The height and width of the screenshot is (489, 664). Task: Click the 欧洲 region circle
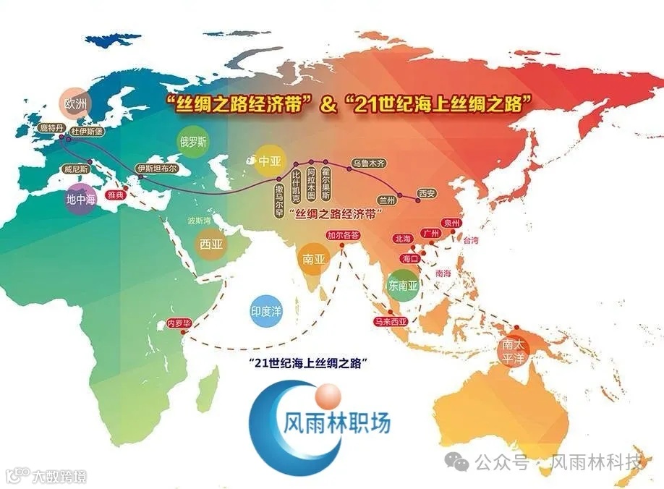point(75,103)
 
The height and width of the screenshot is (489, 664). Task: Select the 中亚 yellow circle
point(268,161)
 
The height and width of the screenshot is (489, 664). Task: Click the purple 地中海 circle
point(80,198)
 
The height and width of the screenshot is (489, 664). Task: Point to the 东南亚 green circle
point(404,284)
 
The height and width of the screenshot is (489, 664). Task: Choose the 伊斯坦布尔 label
point(157,169)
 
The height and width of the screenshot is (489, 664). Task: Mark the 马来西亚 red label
point(390,321)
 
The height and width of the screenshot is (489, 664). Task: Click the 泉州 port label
point(452,223)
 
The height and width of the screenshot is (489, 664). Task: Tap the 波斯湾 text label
point(199,220)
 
